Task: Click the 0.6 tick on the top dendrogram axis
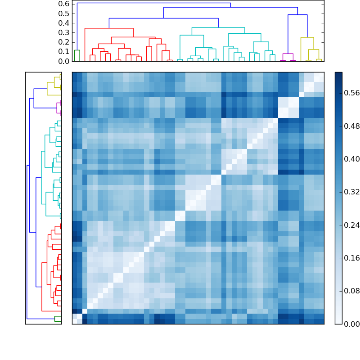[64, 4]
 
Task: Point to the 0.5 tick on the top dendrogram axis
[64, 13]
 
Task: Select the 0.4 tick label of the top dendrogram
[64, 23]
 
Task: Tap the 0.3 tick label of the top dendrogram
[64, 32]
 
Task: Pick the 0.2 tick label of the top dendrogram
[64, 42]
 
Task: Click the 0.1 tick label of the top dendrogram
[64, 51]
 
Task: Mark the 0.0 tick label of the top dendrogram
[64, 61]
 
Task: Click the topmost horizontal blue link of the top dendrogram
[153, 3]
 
